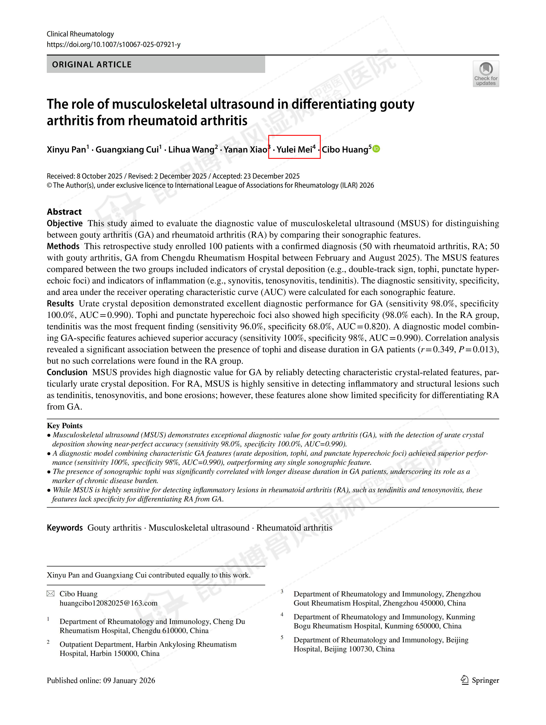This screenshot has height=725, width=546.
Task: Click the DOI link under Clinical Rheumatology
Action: coord(113,45)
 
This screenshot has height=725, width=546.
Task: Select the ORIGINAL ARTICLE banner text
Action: coord(92,65)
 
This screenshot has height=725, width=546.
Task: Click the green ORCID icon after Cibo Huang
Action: coord(376,149)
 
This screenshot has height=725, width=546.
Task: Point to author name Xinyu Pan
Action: coord(67,150)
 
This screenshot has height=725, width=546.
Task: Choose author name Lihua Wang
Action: coord(191,150)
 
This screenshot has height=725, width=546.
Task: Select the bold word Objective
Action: coord(65,223)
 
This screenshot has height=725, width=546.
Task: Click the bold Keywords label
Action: coord(65,528)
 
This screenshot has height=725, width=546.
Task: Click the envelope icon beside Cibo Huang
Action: coord(51,594)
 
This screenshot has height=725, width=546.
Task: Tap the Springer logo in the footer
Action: coord(480,680)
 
